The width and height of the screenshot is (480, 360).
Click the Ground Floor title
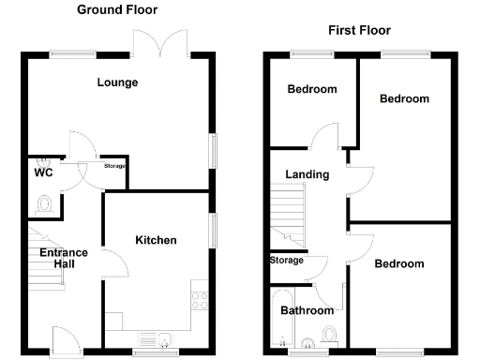117,10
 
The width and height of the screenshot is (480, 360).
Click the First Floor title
359,31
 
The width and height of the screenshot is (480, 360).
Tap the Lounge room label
117,82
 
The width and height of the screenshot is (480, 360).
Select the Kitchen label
156,241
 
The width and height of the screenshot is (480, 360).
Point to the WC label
42,173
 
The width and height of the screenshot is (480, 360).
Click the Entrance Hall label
63,258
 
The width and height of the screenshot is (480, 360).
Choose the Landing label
307,174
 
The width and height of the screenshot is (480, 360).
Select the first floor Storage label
287,261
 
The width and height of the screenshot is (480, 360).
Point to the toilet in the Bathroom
328,334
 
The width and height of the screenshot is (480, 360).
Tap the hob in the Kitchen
200,300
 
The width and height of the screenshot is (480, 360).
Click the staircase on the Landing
288,214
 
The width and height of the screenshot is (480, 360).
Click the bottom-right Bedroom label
399,264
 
